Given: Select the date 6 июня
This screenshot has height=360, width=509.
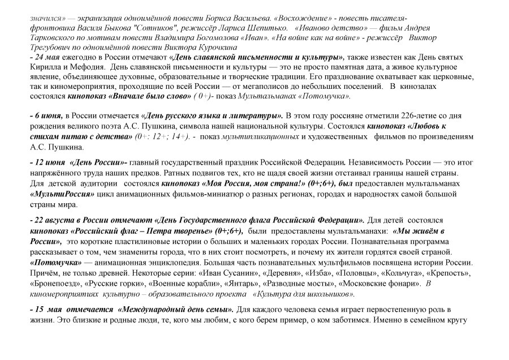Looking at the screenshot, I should pos(47,115).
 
